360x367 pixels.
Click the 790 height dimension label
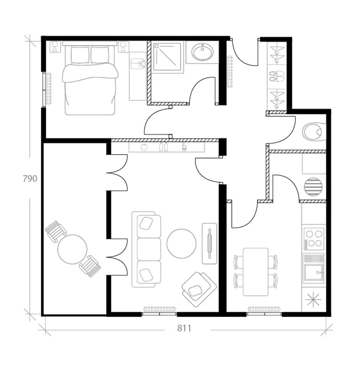[x=30, y=179]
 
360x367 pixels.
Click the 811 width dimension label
[x=184, y=328]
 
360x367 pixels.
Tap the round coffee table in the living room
[x=181, y=243]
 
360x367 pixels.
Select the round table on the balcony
[x=72, y=249]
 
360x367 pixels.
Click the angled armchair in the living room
[x=199, y=288]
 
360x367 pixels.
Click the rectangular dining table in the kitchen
[x=255, y=272]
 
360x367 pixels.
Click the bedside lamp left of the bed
[x=55, y=46]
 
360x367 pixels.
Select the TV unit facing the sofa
[x=210, y=243]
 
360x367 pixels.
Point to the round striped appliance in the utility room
[x=313, y=187]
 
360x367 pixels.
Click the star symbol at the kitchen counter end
[x=313, y=299]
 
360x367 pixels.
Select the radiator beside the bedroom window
[x=49, y=88]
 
